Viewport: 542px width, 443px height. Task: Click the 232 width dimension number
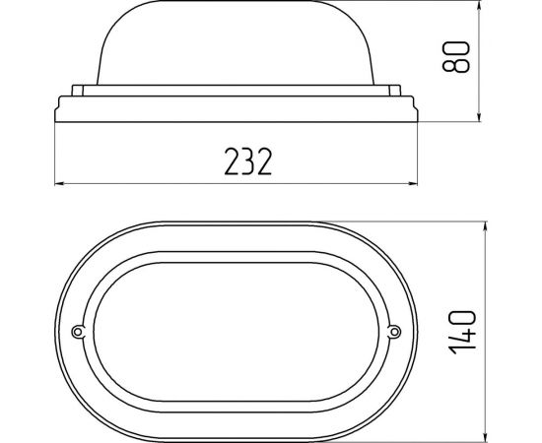point(248,161)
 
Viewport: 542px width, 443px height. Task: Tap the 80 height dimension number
point(456,57)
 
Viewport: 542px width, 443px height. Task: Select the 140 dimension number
point(462,332)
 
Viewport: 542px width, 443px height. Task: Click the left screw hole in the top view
point(78,332)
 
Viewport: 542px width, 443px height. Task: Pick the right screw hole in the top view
point(394,332)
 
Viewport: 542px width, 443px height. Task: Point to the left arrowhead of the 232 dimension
point(59,184)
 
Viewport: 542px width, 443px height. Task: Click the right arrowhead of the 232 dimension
point(413,184)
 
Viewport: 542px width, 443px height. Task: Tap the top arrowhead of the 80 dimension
point(479,5)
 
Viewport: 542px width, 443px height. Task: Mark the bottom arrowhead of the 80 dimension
point(479,117)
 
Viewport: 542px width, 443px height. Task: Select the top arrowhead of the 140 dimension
point(486,226)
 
